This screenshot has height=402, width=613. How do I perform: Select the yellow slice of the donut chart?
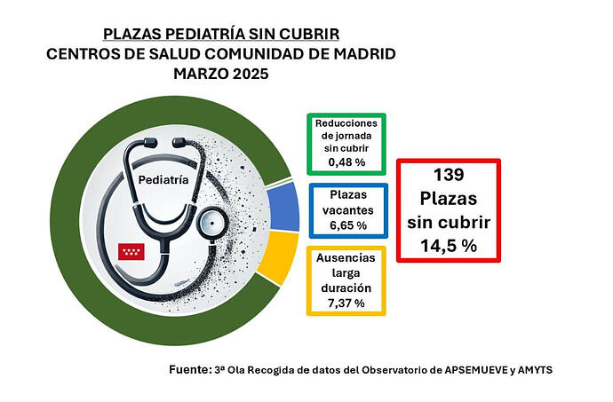point(283,256)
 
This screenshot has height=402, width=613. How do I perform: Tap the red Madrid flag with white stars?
point(131,251)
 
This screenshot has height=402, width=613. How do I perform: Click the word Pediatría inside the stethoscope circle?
point(163,179)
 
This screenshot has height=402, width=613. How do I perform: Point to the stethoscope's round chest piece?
point(213,221)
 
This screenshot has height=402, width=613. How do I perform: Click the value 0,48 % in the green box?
point(346,162)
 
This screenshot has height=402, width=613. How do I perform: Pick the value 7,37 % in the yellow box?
point(346,303)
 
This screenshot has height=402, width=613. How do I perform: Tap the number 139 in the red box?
point(448,175)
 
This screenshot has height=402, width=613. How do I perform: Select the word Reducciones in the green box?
point(346,122)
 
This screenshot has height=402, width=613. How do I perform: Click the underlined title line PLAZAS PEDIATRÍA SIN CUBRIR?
point(220,35)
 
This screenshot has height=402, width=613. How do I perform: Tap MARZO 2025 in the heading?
point(220,74)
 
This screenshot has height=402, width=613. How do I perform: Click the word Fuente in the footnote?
point(188,368)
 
